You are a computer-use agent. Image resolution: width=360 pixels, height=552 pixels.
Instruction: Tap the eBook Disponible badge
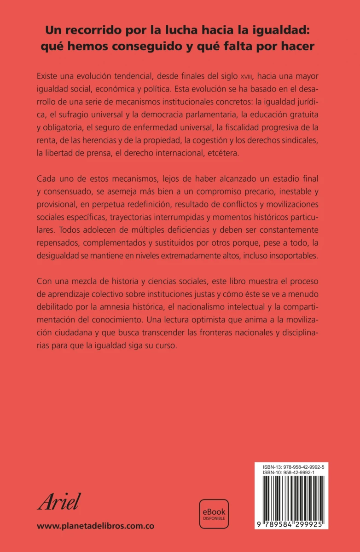(x=214, y=514)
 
